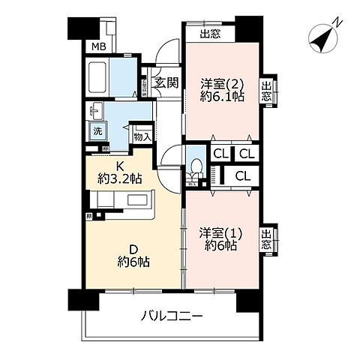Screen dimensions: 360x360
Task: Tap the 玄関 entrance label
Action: click(166, 83)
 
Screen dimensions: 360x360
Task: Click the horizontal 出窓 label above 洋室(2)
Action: click(209, 33)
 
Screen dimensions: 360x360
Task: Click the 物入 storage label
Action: click(142, 136)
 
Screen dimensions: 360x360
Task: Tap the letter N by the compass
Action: click(337, 23)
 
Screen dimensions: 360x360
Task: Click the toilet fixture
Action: click(193, 169)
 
